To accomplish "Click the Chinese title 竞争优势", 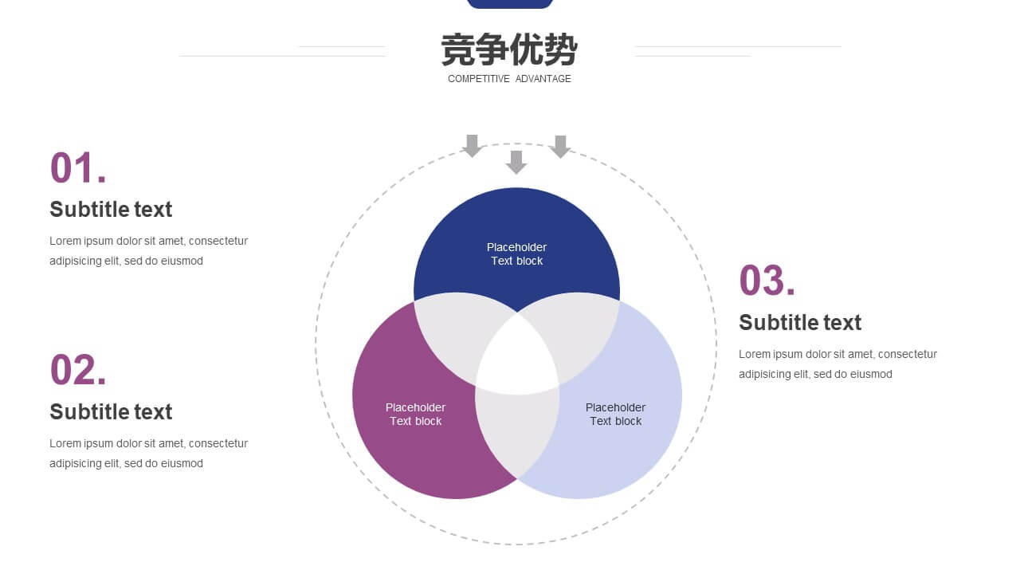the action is point(509,49).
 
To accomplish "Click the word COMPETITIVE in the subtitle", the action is point(479,79).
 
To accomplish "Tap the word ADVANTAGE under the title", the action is point(543,79).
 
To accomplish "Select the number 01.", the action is point(78,167).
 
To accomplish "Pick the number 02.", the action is point(78,369).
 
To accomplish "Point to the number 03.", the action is point(767,280).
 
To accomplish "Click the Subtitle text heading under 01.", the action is point(111,210).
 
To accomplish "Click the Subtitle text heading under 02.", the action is point(111,412).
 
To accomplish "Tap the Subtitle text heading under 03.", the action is point(800,323).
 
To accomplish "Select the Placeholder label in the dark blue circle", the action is point(517,247).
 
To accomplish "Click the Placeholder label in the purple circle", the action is point(415,407).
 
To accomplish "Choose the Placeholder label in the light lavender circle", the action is point(616,407).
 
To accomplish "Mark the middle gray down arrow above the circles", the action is point(516,162).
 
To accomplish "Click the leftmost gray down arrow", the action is point(473,146).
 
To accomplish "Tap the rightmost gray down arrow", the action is point(560,147).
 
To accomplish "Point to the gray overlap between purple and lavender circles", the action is point(517,433).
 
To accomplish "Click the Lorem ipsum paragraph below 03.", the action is point(838,364).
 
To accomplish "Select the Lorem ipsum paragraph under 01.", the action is point(148,251).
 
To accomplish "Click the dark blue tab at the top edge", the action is point(510,4).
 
